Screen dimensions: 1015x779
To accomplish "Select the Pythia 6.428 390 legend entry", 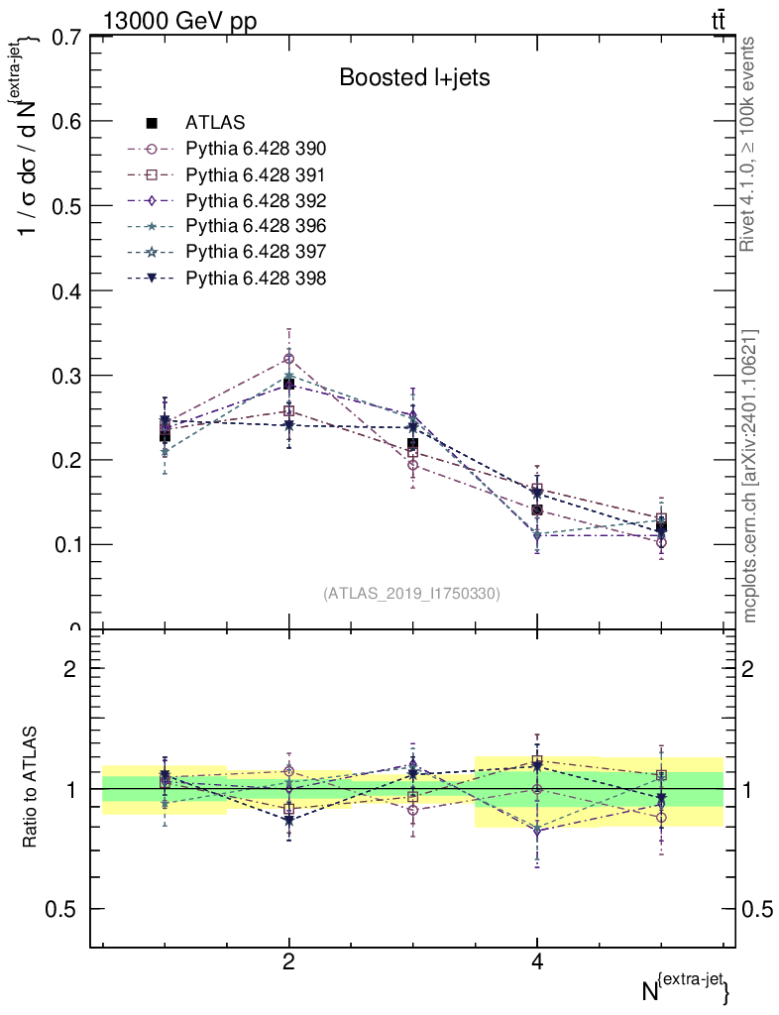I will (x=256, y=150).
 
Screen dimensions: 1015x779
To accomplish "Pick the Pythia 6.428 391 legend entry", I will (x=256, y=175).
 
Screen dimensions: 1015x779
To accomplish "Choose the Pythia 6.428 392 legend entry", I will (x=256, y=201).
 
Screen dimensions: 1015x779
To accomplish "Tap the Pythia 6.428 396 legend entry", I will (x=256, y=227).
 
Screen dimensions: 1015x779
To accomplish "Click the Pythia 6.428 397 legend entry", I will (x=256, y=253).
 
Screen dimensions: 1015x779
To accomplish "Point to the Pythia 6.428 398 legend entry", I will (x=256, y=279).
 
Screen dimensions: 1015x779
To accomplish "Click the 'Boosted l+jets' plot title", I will (x=414, y=77).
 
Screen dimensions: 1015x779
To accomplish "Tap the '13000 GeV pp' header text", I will (x=179, y=21).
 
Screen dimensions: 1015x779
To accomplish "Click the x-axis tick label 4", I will (x=537, y=961).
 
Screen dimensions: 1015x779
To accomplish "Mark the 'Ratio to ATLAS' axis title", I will (x=31, y=788).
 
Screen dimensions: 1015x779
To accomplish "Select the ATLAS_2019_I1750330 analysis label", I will (x=411, y=594).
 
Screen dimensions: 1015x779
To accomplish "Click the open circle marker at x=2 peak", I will (x=288, y=359).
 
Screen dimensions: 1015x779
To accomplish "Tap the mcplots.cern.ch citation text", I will (x=750, y=476).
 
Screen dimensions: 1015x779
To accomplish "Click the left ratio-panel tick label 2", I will (x=70, y=668).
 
